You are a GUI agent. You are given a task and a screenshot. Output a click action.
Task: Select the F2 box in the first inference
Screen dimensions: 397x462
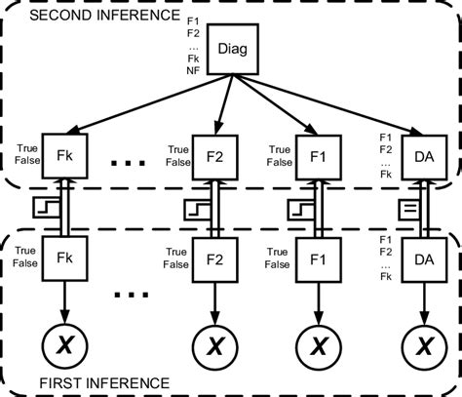pyautogui.click(x=216, y=261)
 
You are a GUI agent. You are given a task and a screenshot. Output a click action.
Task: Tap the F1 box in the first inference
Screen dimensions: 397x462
pyautogui.click(x=316, y=261)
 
